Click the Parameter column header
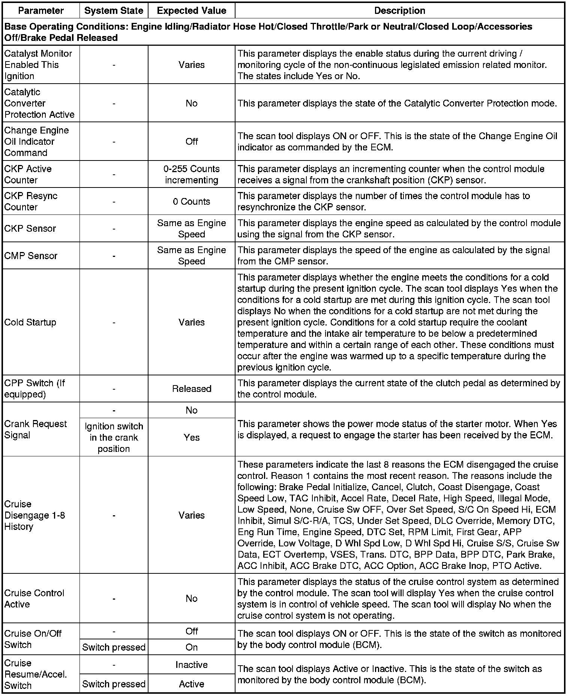[41, 10]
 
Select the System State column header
[114, 10]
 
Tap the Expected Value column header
[192, 10]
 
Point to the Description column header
[400, 10]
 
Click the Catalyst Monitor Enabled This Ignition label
[38, 64]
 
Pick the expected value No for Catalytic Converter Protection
[192, 103]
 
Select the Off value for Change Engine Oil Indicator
[192, 141]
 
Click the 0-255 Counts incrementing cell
[192, 174]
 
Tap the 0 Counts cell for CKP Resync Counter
[192, 201]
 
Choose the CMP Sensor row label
[31, 256]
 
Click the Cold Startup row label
[30, 322]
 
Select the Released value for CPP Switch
[192, 388]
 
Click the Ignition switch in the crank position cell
[114, 437]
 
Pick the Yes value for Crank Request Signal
[192, 437]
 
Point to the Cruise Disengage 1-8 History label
[34, 515]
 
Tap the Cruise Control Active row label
[34, 598]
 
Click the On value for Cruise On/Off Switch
[192, 647]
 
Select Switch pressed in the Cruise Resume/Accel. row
[114, 684]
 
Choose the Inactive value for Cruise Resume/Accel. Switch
[192, 665]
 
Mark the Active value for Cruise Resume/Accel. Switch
[192, 684]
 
